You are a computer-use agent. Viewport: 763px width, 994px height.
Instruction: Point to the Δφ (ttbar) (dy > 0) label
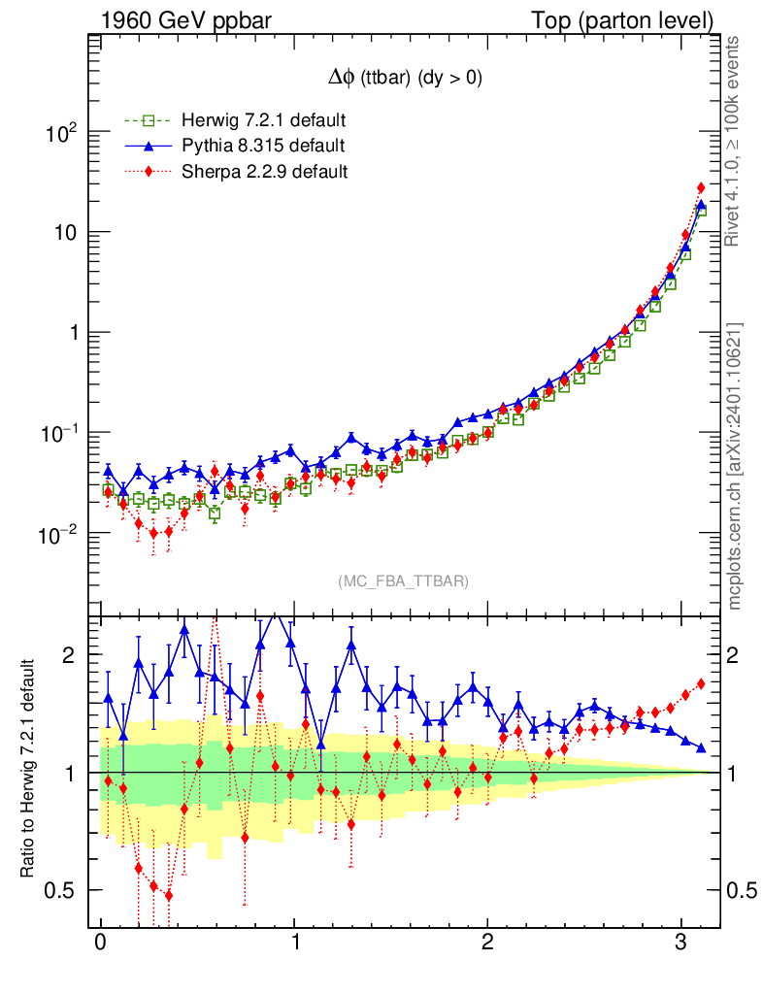404,81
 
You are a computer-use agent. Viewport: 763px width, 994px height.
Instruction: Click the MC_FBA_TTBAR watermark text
404,581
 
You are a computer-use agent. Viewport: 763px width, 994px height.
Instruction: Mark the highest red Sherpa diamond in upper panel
701,187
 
